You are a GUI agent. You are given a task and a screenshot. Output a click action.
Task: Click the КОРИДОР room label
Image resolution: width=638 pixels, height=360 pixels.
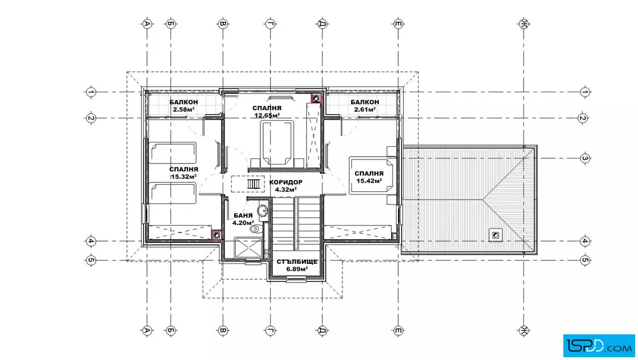point(285,182)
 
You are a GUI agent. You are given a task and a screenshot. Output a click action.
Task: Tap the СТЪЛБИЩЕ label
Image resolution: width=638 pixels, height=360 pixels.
point(297,261)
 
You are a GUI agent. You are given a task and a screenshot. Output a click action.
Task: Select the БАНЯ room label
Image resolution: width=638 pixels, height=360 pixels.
point(243,215)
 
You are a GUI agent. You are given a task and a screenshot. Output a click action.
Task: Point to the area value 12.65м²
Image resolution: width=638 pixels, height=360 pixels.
point(267,115)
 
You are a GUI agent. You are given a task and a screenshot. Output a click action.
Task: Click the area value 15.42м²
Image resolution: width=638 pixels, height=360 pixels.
point(369,181)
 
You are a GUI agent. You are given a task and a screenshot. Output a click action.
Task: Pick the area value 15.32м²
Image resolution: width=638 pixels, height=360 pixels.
point(184,177)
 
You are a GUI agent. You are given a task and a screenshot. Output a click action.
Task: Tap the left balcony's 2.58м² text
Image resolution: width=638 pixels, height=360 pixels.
point(183,109)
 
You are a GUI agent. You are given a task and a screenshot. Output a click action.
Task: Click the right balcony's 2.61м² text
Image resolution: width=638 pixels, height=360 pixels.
point(365,109)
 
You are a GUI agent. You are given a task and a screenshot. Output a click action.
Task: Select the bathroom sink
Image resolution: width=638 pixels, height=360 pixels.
point(263,211)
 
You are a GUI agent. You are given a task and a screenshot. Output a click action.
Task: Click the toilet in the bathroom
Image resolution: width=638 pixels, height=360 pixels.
point(255,228)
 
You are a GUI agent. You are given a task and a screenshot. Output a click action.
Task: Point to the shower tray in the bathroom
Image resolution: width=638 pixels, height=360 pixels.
point(248,248)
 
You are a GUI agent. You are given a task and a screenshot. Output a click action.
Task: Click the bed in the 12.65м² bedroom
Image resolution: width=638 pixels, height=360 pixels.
point(277,143)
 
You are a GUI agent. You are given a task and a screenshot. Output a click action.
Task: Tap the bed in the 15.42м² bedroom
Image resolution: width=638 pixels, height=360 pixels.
point(372,176)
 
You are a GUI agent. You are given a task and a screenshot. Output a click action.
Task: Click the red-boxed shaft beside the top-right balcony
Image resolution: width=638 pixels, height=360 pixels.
point(316,98)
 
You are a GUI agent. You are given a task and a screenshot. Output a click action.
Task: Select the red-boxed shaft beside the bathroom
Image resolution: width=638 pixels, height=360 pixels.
point(216,235)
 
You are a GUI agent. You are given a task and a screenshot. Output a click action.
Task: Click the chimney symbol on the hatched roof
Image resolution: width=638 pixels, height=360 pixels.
point(496,235)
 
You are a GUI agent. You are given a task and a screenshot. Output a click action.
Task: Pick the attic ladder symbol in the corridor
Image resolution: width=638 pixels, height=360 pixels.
point(253,184)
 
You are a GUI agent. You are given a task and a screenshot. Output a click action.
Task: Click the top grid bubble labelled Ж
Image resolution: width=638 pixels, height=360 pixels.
point(524,24)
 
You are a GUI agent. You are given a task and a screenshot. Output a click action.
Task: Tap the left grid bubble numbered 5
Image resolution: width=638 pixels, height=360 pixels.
point(91,260)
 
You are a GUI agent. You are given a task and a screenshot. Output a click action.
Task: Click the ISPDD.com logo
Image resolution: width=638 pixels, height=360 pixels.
point(599,346)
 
